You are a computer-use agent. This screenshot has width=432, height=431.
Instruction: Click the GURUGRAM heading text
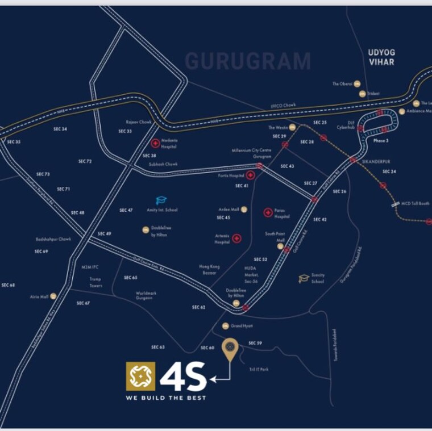tap(248, 61)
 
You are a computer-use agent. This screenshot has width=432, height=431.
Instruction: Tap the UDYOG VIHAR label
tap(381, 57)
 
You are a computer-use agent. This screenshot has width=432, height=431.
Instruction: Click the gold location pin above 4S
tap(230, 349)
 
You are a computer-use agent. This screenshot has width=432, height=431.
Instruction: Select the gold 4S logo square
tap(140, 376)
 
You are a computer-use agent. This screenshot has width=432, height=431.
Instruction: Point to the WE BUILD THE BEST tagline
tap(166, 398)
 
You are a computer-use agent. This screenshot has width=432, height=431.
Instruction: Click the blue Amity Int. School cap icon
tap(161, 200)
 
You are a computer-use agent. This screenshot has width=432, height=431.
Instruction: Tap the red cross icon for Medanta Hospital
tap(155, 144)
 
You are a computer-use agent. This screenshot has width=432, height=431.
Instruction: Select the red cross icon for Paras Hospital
tap(267, 213)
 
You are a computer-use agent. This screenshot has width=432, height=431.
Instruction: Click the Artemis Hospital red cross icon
tap(236, 238)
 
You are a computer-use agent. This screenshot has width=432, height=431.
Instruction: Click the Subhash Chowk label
tap(163, 164)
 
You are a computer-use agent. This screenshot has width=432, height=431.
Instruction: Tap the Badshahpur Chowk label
tap(53, 239)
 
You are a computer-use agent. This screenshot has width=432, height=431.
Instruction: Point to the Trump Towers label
tap(95, 282)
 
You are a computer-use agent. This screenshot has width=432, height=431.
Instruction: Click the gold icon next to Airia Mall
tap(53, 296)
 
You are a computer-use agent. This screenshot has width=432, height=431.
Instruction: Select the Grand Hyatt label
tap(242, 326)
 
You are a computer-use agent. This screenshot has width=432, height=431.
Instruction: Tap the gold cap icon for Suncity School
tap(304, 278)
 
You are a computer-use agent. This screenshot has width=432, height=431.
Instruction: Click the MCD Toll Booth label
tap(416, 203)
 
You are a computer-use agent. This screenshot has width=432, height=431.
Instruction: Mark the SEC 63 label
tap(158, 347)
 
